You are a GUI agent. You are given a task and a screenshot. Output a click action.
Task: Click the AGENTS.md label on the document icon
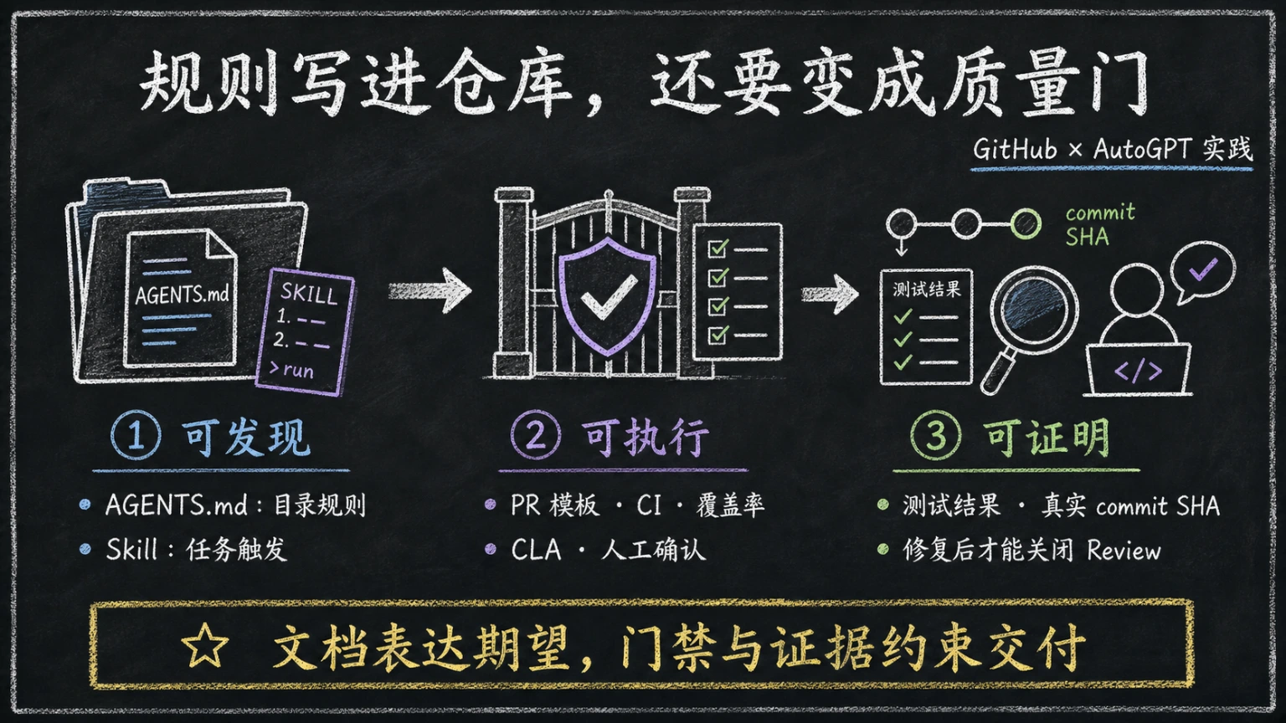[182, 295]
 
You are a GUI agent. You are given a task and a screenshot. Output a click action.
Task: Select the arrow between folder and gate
[430, 291]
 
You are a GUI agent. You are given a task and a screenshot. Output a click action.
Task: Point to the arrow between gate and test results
[830, 294]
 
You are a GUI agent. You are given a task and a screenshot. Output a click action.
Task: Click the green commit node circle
[1026, 223]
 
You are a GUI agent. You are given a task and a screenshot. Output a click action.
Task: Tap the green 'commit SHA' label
[1100, 224]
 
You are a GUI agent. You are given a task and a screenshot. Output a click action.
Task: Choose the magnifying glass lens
[1034, 310]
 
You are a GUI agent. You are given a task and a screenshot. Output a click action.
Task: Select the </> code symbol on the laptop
[1138, 371]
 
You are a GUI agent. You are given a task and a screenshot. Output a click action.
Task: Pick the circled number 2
[535, 435]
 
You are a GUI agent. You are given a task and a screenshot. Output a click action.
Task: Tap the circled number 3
[935, 435]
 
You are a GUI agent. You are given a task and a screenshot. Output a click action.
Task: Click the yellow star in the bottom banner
[205, 645]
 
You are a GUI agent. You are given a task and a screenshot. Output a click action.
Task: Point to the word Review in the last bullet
[1124, 551]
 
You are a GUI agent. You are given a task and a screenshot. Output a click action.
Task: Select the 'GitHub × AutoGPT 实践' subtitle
[1113, 149]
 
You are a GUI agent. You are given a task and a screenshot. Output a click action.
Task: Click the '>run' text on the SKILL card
[291, 369]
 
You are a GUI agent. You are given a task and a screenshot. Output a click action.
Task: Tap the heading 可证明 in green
[1048, 437]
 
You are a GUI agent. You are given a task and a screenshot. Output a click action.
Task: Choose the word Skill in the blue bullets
[131, 549]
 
